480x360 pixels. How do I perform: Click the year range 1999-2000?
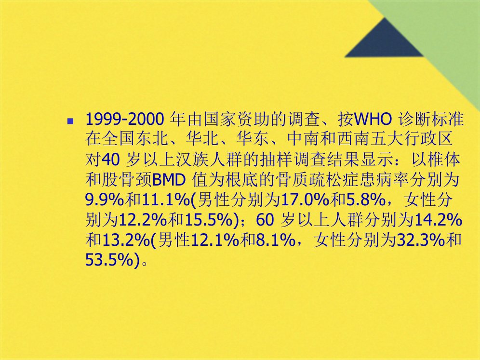pos(125,119)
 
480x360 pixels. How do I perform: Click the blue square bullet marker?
pos(70,121)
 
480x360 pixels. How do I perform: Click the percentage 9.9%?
pos(105,200)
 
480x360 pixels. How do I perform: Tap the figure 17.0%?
pos(305,200)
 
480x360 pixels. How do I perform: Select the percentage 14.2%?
pos(438,220)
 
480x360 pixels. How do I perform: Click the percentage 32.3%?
pos(421,240)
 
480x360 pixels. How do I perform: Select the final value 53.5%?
pos(109,261)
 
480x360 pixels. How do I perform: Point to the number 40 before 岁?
pos(110,160)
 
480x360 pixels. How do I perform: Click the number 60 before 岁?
pos(265,220)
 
